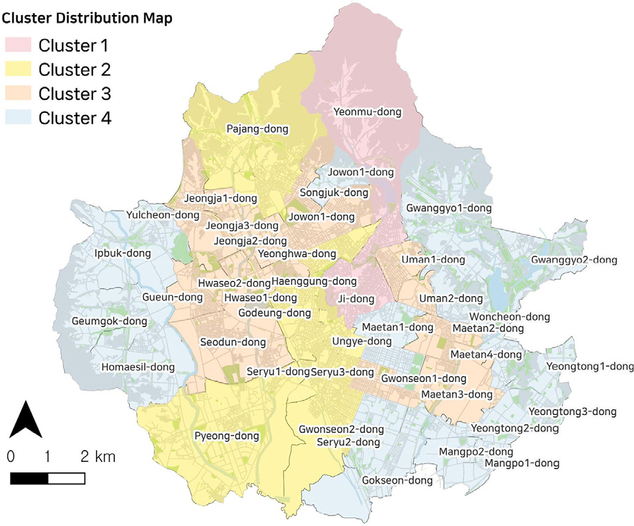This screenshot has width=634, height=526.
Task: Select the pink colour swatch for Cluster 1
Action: pyautogui.click(x=19, y=46)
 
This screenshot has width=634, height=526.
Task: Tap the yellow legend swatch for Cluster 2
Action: pyautogui.click(x=19, y=69)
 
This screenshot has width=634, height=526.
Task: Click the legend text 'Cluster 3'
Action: pyautogui.click(x=74, y=94)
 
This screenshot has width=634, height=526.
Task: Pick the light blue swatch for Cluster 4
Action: pyautogui.click(x=19, y=118)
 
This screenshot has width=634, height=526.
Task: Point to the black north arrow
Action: pyautogui.click(x=26, y=419)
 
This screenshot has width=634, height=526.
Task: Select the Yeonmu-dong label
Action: pyautogui.click(x=367, y=112)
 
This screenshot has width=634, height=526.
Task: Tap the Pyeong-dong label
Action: pyautogui.click(x=226, y=436)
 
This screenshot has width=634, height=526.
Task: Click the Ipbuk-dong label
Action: pyautogui.click(x=122, y=253)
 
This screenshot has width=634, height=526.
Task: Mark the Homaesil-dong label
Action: pyautogui.click(x=138, y=367)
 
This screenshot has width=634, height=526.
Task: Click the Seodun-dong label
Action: pyautogui.click(x=233, y=342)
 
